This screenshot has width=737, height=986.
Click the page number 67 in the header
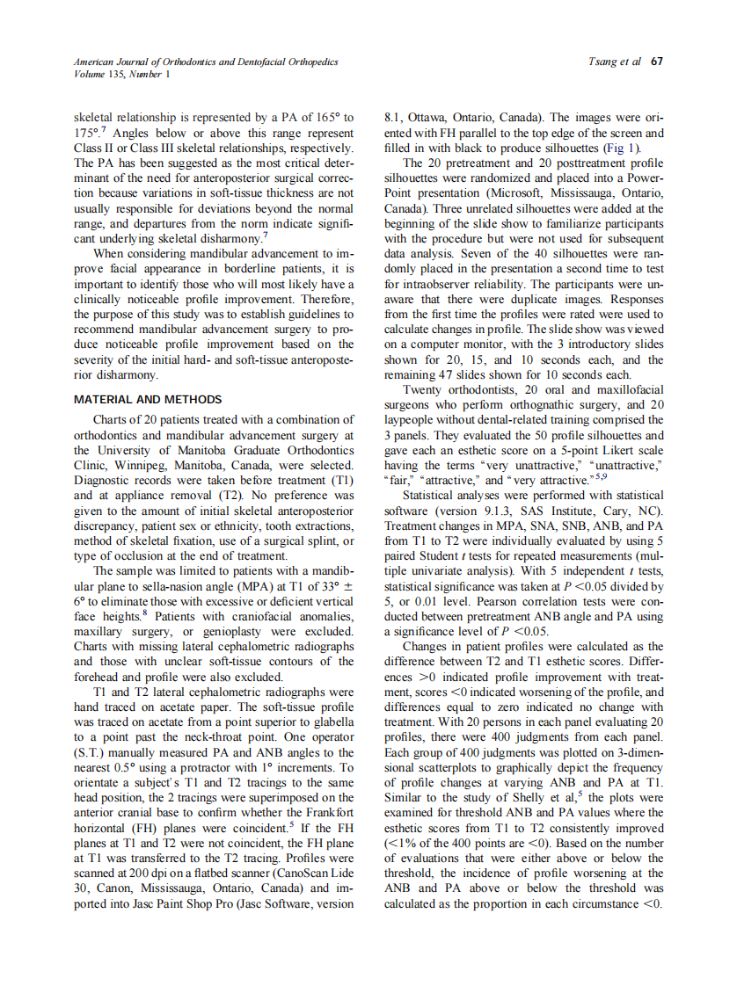[657, 62]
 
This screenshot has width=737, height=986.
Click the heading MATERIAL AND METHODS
[147, 399]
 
